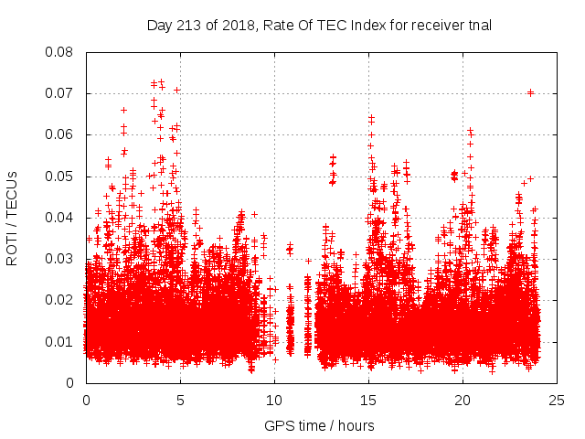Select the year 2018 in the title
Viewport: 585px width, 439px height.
pos(237,26)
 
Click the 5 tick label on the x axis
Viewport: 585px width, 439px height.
pos(180,400)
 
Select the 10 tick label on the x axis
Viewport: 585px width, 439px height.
pos(274,400)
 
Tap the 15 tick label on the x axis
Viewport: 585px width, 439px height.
pos(368,400)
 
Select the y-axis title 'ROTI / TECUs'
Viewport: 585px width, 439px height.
pos(13,218)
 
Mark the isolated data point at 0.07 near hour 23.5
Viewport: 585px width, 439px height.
pos(530,92)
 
